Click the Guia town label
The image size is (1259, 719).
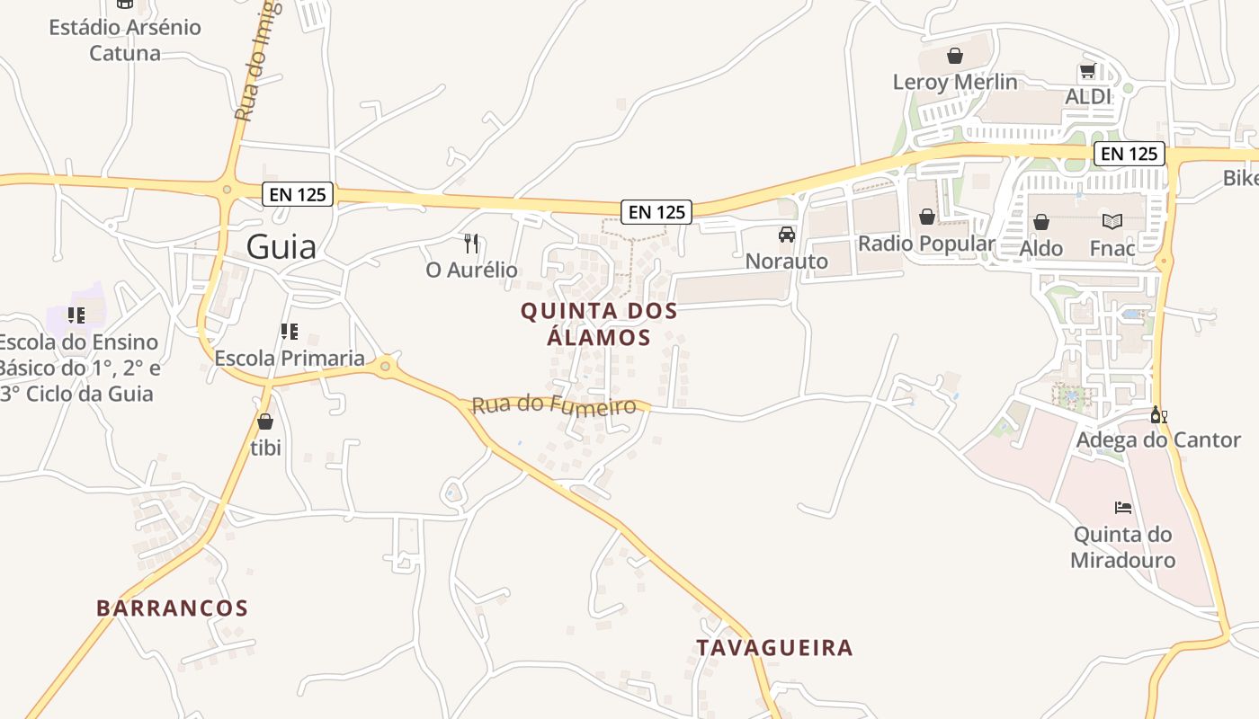(x=281, y=246)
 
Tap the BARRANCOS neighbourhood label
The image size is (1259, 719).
(x=172, y=608)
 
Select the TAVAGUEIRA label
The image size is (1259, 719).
(x=774, y=647)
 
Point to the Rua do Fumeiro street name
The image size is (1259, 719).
(x=554, y=405)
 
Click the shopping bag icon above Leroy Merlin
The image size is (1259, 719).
(x=955, y=56)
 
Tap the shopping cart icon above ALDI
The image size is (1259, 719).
(x=1087, y=70)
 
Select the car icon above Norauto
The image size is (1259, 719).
(x=787, y=235)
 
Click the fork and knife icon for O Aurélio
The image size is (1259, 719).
(x=471, y=243)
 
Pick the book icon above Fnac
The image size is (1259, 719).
(x=1112, y=221)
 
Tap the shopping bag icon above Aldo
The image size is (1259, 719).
(x=1041, y=221)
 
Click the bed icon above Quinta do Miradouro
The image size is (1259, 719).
(x=1123, y=507)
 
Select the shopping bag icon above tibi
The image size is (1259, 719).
(x=265, y=421)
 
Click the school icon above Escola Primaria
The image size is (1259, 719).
(x=290, y=332)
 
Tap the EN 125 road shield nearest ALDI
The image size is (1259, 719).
(x=1130, y=154)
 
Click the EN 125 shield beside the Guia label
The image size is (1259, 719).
(x=299, y=194)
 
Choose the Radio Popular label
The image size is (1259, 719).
(x=926, y=244)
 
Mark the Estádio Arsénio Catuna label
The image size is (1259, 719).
(x=125, y=40)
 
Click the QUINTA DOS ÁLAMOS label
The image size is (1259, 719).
(x=599, y=324)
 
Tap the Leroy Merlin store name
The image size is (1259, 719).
(x=955, y=82)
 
